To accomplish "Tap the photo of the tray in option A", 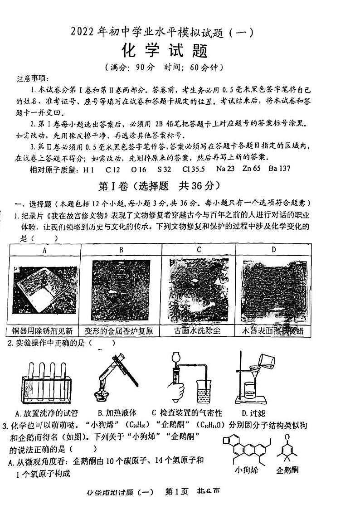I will pyautogui.click(x=44, y=291).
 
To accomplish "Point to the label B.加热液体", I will pyautogui.click(x=117, y=413).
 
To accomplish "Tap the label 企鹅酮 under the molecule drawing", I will pyautogui.click(x=287, y=470).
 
